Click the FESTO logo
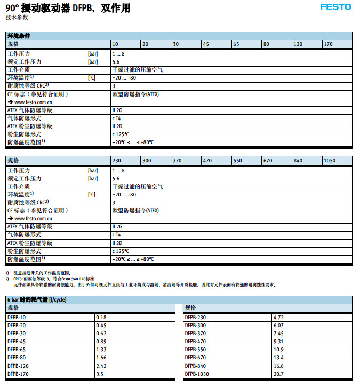click(x=335, y=7)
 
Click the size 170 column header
click(x=329, y=44)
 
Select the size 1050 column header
click(x=330, y=161)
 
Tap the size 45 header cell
click(x=205, y=44)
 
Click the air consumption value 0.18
click(x=101, y=318)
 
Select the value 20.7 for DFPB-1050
click(x=278, y=374)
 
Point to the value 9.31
click(x=278, y=342)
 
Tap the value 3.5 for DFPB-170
click(x=100, y=374)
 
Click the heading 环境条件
click(x=18, y=36)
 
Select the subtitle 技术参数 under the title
click(x=17, y=18)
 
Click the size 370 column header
click(x=178, y=161)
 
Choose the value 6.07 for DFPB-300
click(x=278, y=326)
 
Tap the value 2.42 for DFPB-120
click(x=101, y=366)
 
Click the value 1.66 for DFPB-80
click(x=101, y=358)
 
